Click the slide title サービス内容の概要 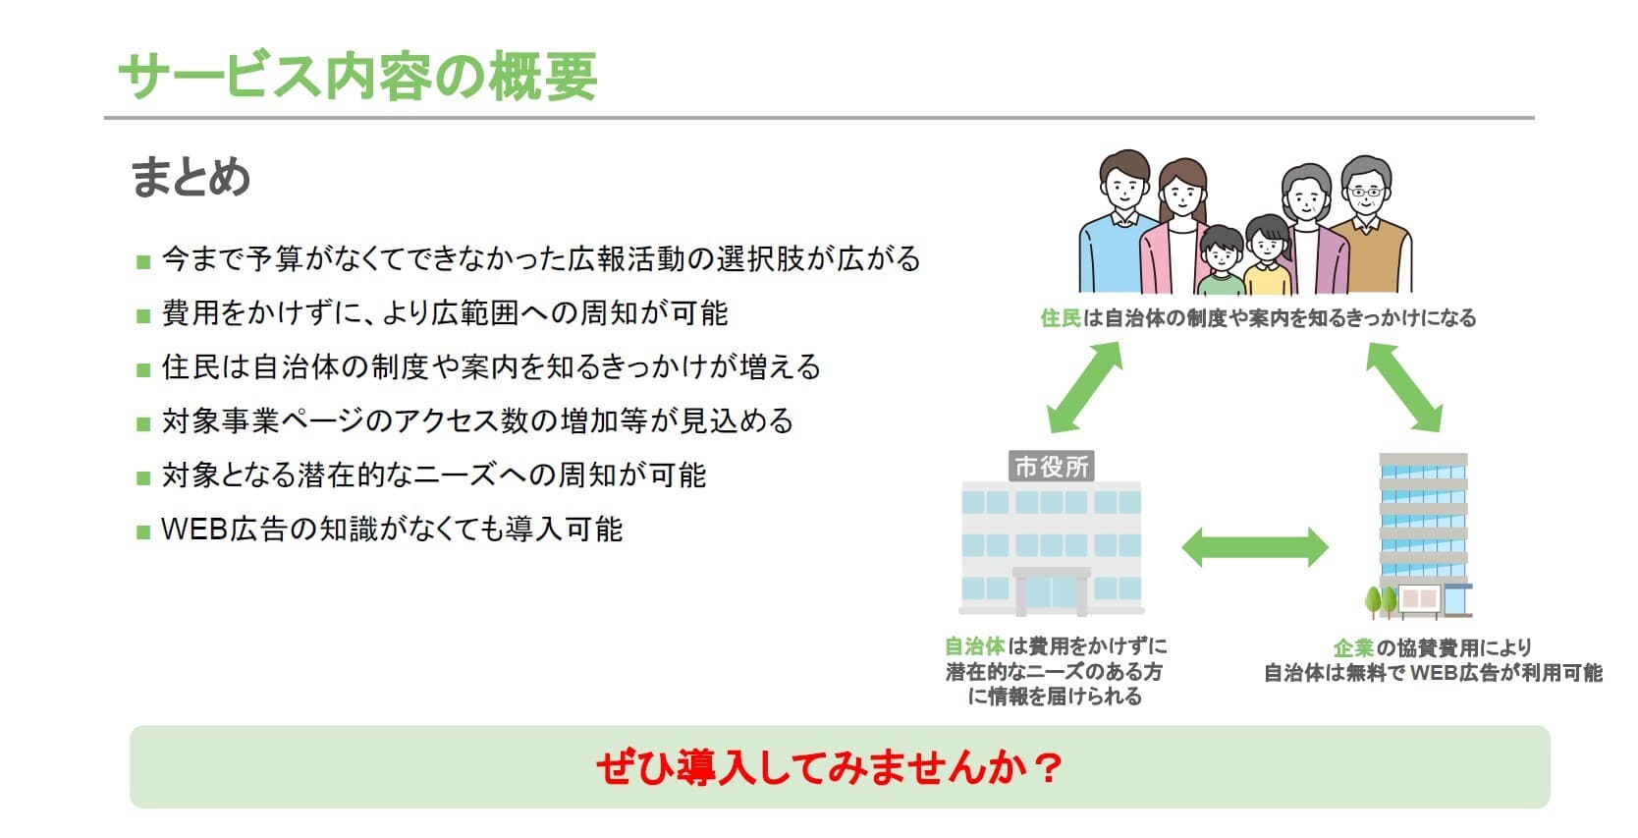357,76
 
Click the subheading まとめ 191,178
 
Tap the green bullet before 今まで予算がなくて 143,261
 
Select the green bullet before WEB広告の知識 143,531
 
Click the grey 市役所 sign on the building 1051,467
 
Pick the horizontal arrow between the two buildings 1254,547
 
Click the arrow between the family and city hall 1084,388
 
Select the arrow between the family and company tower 1403,388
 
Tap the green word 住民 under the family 1061,318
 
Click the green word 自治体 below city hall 974,646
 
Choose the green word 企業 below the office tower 1353,648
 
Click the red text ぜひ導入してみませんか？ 829,767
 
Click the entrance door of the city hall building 1051,592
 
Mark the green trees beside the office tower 1381,599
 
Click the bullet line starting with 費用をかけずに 444,313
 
